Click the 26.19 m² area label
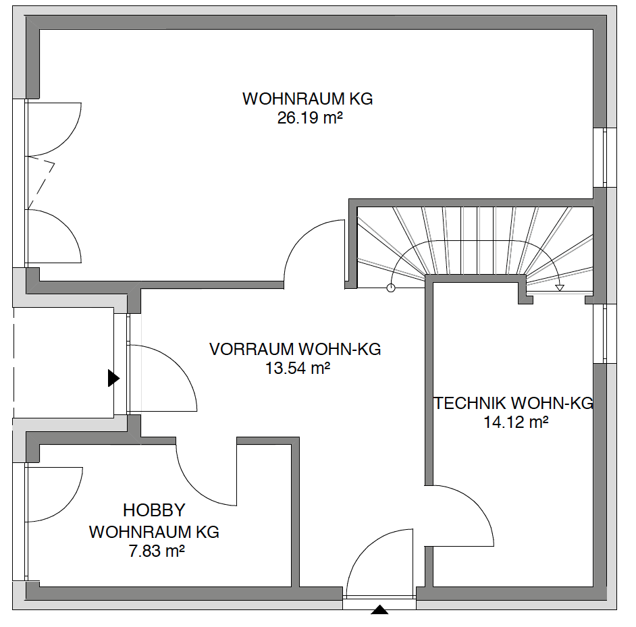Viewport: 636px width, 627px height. click(310, 118)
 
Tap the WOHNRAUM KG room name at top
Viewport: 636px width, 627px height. click(307, 99)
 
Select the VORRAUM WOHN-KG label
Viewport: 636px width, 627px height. click(295, 349)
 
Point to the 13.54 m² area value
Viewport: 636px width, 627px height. click(297, 369)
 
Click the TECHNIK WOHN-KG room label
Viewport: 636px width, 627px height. click(514, 403)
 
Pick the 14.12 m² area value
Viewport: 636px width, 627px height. click(516, 422)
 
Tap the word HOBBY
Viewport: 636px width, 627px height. click(154, 510)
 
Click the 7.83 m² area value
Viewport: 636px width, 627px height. click(157, 551)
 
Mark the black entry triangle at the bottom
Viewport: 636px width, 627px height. click(379, 609)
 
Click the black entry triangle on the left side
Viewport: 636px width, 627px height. click(113, 378)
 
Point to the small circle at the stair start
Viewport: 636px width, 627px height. click(391, 288)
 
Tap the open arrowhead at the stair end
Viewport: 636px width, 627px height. click(560, 288)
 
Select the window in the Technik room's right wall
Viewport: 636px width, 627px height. click(604, 333)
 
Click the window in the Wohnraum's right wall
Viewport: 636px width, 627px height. click(604, 157)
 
